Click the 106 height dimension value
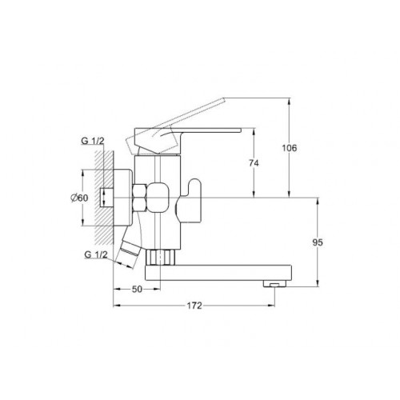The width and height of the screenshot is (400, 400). (x=290, y=148)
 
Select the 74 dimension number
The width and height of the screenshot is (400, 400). (x=254, y=163)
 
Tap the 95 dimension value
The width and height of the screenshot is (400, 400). (x=318, y=242)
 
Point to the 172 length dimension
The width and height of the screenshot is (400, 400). (x=194, y=306)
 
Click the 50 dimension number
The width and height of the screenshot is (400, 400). (x=137, y=289)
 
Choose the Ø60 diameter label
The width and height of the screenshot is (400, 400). (x=79, y=198)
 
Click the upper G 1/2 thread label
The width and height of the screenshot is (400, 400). (x=93, y=141)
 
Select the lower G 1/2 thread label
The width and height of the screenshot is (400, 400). (x=96, y=254)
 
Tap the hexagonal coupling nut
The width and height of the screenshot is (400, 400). (x=140, y=198)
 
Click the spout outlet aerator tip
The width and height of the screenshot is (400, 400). (x=274, y=284)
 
